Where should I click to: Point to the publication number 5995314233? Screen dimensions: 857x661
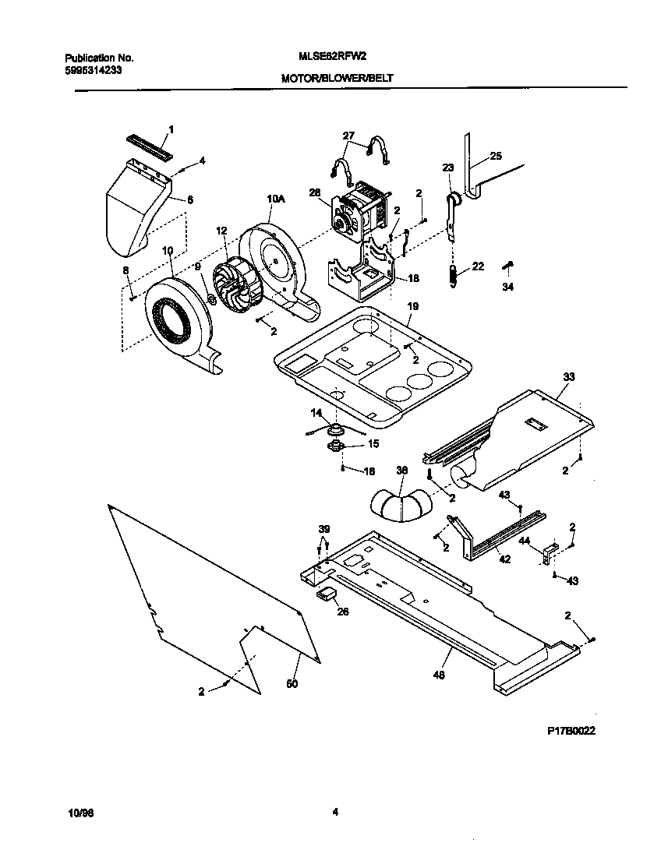pyautogui.click(x=93, y=69)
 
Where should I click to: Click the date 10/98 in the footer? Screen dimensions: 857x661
pyautogui.click(x=81, y=813)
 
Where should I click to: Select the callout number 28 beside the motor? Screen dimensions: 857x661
pyautogui.click(x=314, y=193)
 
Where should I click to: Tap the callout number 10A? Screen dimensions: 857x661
pyautogui.click(x=275, y=199)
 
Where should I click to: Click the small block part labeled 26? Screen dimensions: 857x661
pyautogui.click(x=326, y=594)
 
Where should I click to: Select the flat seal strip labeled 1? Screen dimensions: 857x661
pyautogui.click(x=147, y=144)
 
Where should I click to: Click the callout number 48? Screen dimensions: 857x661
pyautogui.click(x=439, y=675)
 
